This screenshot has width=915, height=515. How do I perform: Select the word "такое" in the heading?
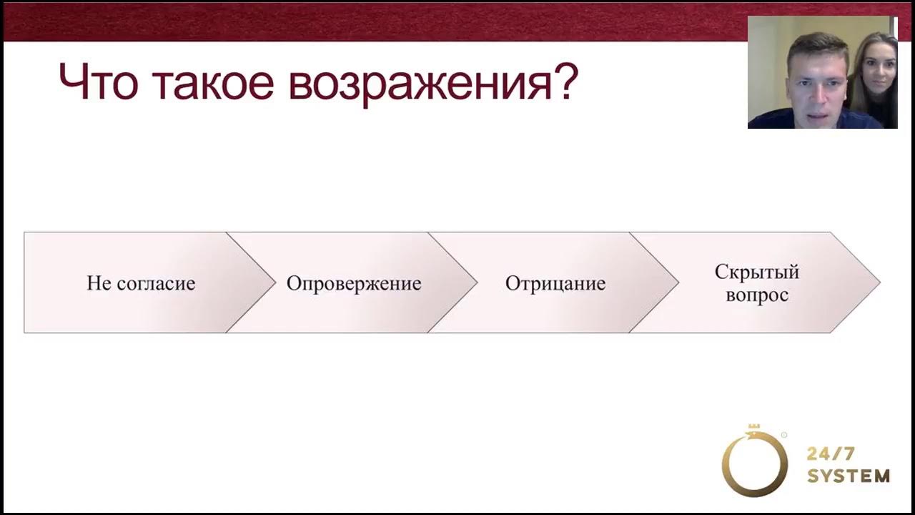pyautogui.click(x=212, y=83)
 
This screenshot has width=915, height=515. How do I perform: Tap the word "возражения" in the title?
pyautogui.click(x=415, y=84)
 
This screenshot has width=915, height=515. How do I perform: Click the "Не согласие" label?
pyautogui.click(x=141, y=283)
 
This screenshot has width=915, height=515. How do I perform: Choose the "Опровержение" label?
pyautogui.click(x=354, y=283)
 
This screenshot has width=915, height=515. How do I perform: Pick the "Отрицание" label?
pyautogui.click(x=555, y=283)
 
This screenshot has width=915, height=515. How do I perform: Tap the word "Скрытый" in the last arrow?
pyautogui.click(x=757, y=272)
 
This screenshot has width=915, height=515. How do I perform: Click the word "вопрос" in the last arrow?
pyautogui.click(x=757, y=295)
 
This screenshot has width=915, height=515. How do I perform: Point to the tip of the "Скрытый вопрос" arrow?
pyautogui.click(x=878, y=283)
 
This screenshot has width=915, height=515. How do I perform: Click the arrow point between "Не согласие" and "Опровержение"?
pyautogui.click(x=274, y=283)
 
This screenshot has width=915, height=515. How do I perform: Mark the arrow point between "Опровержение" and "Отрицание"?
pyautogui.click(x=475, y=283)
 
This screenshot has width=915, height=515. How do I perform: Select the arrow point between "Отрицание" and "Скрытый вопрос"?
pyautogui.click(x=677, y=283)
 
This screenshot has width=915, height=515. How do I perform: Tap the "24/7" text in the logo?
pyautogui.click(x=831, y=453)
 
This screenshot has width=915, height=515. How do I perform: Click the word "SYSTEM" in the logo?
pyautogui.click(x=849, y=476)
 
